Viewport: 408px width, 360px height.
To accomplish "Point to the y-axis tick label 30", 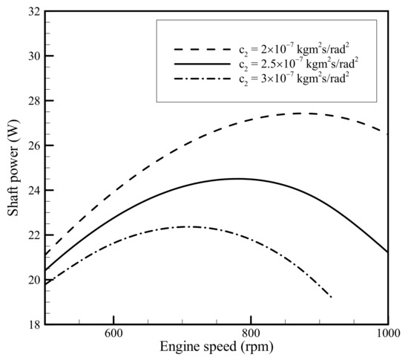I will coord(33,56).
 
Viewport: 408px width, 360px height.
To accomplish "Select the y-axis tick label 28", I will coord(33,101).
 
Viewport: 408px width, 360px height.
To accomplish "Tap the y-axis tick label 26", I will coord(33,145).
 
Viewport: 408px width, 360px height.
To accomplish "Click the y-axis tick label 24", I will coord(33,191).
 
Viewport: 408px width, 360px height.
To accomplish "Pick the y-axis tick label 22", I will coord(33,235).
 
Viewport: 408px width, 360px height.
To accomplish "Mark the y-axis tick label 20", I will coord(33,280).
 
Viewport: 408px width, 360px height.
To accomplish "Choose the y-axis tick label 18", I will coord(33,324).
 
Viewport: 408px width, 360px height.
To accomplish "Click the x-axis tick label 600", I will coord(113,336).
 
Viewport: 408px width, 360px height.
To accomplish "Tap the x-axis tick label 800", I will coord(251,336).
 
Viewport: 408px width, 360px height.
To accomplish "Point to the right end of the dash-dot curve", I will coord(332,297).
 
